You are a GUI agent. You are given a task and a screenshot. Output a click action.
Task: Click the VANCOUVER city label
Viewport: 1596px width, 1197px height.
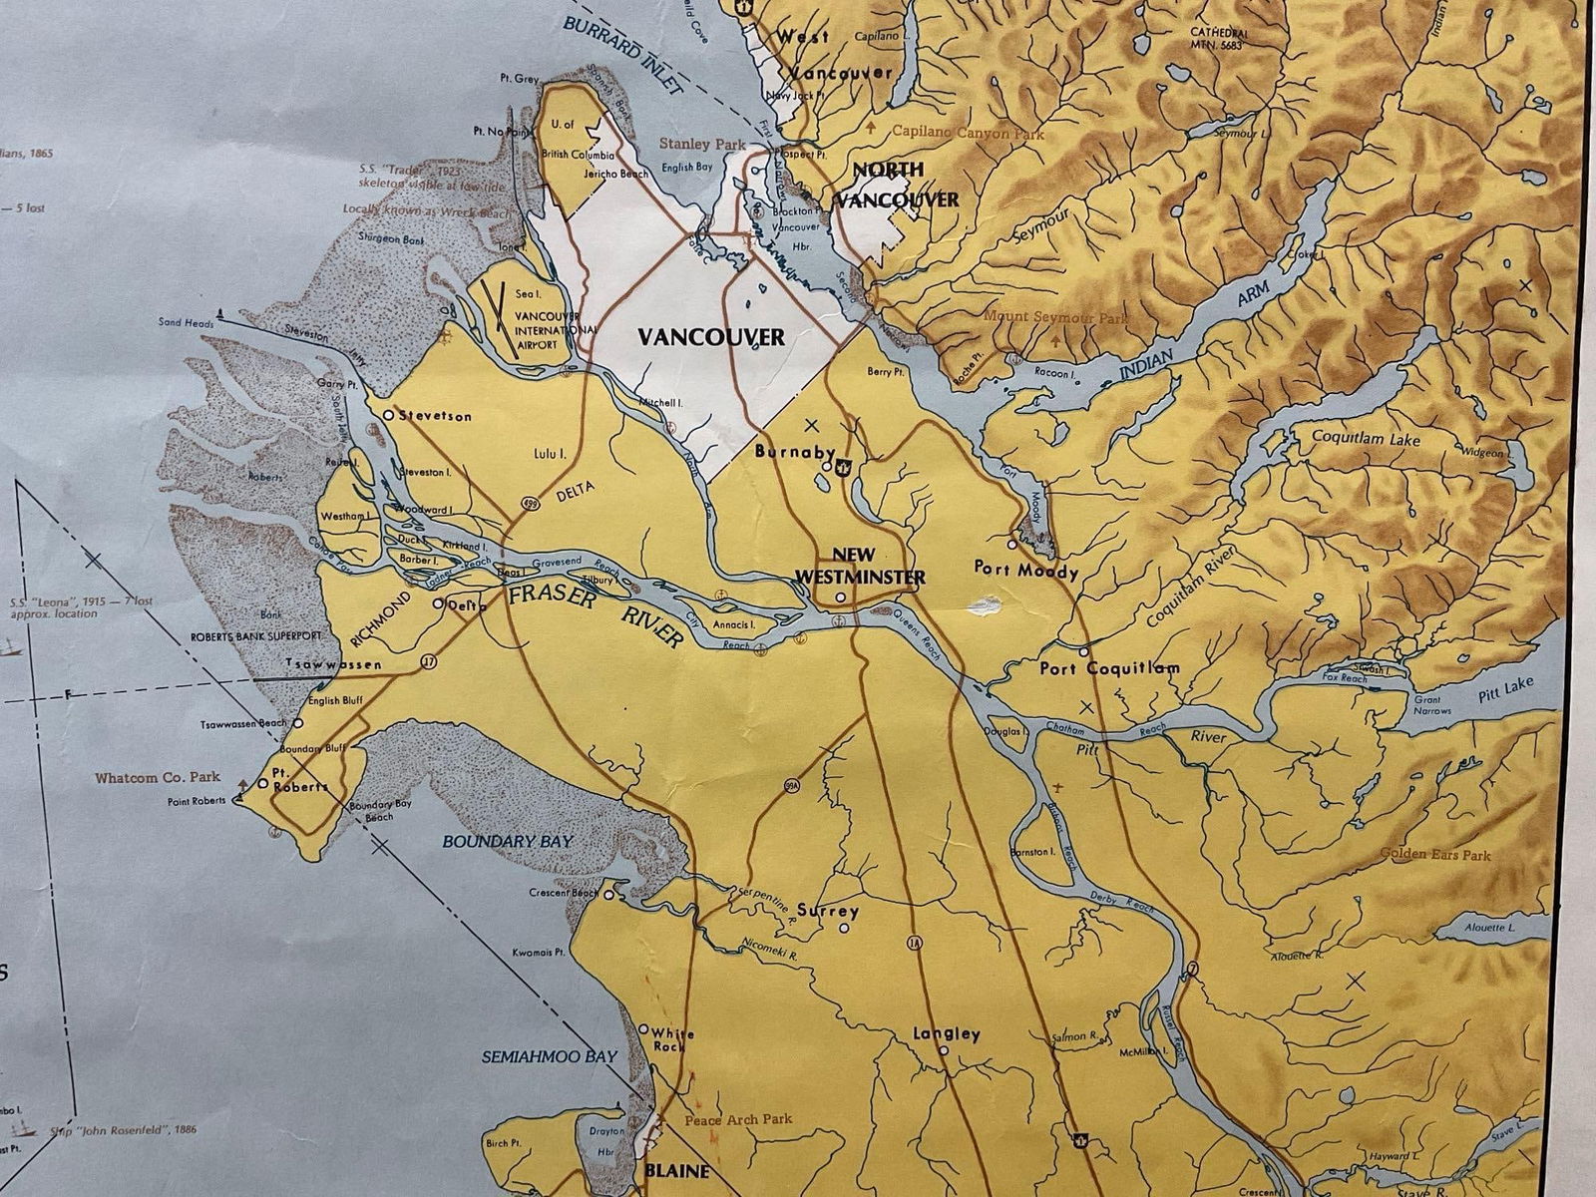point(710,337)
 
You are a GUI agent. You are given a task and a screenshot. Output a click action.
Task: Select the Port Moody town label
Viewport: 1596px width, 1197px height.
point(1026,572)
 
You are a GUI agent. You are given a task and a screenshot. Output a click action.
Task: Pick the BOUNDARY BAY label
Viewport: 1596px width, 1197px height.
point(508,841)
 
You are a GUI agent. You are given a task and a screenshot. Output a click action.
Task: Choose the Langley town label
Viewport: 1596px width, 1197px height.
point(946,1034)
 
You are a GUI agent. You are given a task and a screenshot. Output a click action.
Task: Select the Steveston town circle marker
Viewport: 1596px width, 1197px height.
point(389,414)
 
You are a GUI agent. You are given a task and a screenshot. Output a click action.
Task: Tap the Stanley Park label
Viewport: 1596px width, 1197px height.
point(695,144)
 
